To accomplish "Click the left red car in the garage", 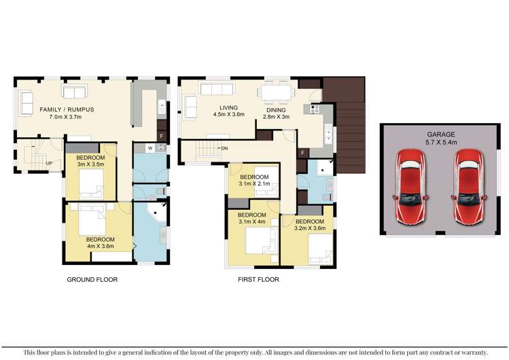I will pyautogui.click(x=411, y=187).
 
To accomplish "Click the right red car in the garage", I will pyautogui.click(x=469, y=187).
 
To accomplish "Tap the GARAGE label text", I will pyautogui.click(x=440, y=134).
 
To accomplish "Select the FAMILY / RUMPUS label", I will pyautogui.click(x=66, y=109).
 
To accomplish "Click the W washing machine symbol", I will pyautogui.click(x=150, y=147).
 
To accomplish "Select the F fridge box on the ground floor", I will pyautogui.click(x=160, y=136).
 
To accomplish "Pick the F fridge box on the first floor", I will pyautogui.click(x=301, y=153).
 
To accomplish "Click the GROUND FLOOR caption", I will pyautogui.click(x=92, y=279).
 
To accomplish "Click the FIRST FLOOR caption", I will pyautogui.click(x=258, y=279).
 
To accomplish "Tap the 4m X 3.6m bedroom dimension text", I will pyautogui.click(x=100, y=247).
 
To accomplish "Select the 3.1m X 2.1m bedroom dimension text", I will pyautogui.click(x=255, y=184).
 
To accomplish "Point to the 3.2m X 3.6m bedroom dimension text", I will pyautogui.click(x=309, y=229).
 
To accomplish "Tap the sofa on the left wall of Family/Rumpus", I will pyautogui.click(x=27, y=103).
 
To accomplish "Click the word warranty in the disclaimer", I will pyautogui.click(x=471, y=352).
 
